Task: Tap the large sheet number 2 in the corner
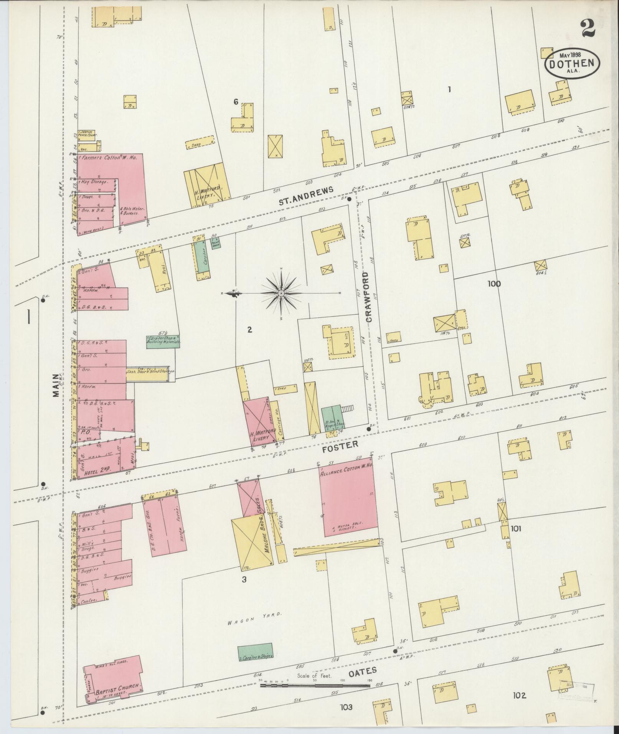tap(588, 28)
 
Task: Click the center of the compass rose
tap(281, 294)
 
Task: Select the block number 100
tap(494, 284)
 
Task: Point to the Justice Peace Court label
tap(88, 134)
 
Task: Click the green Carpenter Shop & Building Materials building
tap(163, 341)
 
